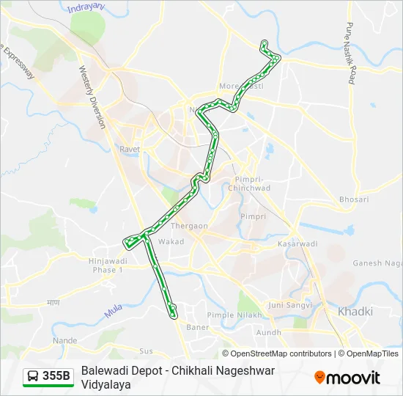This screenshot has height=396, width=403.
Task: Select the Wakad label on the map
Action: point(171,241)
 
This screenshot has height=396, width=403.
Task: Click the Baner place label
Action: point(198,326)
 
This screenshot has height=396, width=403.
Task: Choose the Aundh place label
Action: point(268,332)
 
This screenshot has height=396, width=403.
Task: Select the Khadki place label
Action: point(355,312)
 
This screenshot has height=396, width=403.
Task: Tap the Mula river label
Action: point(113,312)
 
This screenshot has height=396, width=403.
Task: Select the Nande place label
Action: point(64,341)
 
